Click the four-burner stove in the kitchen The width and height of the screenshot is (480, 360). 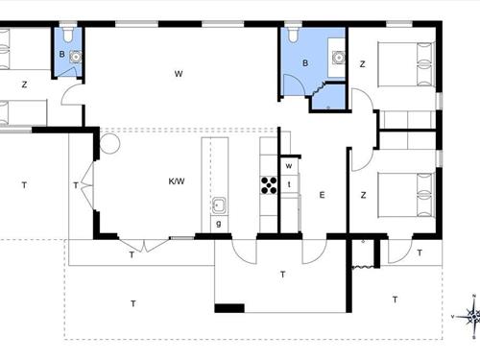269,185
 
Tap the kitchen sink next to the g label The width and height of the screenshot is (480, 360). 219,205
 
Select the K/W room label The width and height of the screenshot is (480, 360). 177,181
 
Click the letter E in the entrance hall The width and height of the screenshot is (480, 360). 322,195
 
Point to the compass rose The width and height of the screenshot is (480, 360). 472,316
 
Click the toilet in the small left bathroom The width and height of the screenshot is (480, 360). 68,35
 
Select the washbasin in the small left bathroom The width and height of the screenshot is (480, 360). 76,57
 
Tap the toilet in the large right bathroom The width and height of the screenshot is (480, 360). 293,35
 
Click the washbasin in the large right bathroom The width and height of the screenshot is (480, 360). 338,58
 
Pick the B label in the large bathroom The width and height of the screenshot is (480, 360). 305,63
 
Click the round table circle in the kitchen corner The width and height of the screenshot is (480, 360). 109,144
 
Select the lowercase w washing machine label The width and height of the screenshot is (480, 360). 289,166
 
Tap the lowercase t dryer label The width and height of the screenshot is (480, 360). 289,184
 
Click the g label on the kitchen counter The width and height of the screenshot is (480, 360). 219,224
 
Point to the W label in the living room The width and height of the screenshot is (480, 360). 179,74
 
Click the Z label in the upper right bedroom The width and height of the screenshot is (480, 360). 362,64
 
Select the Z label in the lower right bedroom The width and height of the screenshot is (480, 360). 363,195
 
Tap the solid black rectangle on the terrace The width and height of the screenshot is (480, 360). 229,308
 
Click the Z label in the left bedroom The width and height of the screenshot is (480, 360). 24,84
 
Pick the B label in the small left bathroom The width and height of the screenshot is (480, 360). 61,54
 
